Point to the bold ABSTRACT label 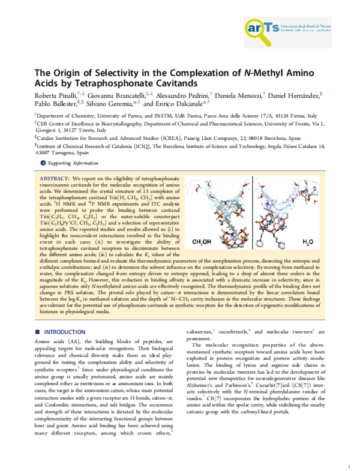coord(53,179)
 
